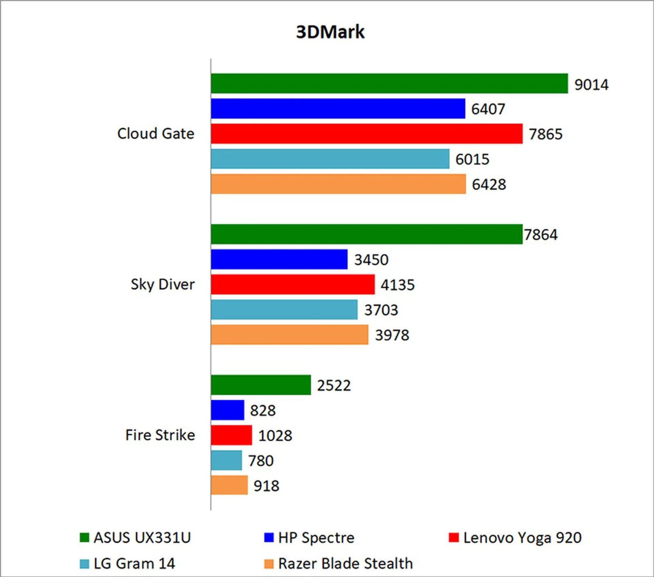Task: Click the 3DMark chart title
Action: coord(330,32)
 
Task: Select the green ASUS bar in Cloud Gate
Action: coord(389,83)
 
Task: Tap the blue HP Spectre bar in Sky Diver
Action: coord(279,259)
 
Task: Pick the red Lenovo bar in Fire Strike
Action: coord(231,435)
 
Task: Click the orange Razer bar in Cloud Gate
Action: coord(338,184)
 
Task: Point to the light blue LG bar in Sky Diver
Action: coord(284,310)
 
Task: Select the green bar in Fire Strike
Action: coord(261,385)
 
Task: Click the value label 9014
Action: coord(591,84)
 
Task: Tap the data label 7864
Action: coord(541,235)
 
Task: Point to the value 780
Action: coord(261,461)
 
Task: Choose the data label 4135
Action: coord(398,285)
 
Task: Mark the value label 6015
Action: coord(472,159)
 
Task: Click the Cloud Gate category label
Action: coord(156,134)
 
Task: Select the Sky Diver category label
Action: coord(162,284)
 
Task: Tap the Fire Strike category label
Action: coord(160,435)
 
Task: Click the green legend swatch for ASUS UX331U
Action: coord(84,537)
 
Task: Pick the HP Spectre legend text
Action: coord(316,537)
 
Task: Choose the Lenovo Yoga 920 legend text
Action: coord(522,537)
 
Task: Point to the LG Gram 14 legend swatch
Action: coord(84,564)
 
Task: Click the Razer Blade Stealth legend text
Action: coord(345,564)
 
